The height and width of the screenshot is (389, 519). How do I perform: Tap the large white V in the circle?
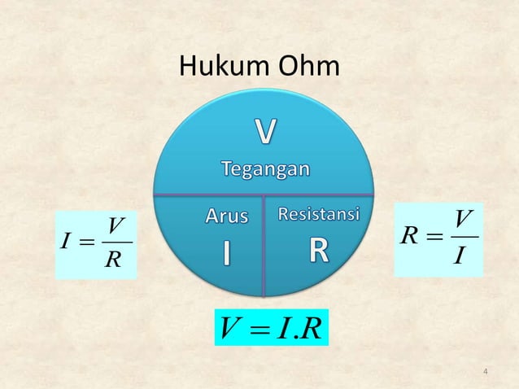tap(265, 133)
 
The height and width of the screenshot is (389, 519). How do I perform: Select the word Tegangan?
tap(265, 169)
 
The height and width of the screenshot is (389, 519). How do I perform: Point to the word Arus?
tap(225, 216)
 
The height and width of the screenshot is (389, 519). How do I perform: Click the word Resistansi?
tap(319, 215)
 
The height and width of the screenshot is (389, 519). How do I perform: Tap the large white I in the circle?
tap(227, 254)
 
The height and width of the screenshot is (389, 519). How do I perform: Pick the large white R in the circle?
tap(318, 253)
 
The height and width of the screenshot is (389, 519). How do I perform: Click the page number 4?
tap(485, 373)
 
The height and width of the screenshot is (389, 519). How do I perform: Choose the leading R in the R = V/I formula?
tap(410, 238)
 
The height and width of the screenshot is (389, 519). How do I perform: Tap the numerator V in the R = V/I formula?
tap(463, 219)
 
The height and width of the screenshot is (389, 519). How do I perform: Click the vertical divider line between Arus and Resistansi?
tap(264, 244)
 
